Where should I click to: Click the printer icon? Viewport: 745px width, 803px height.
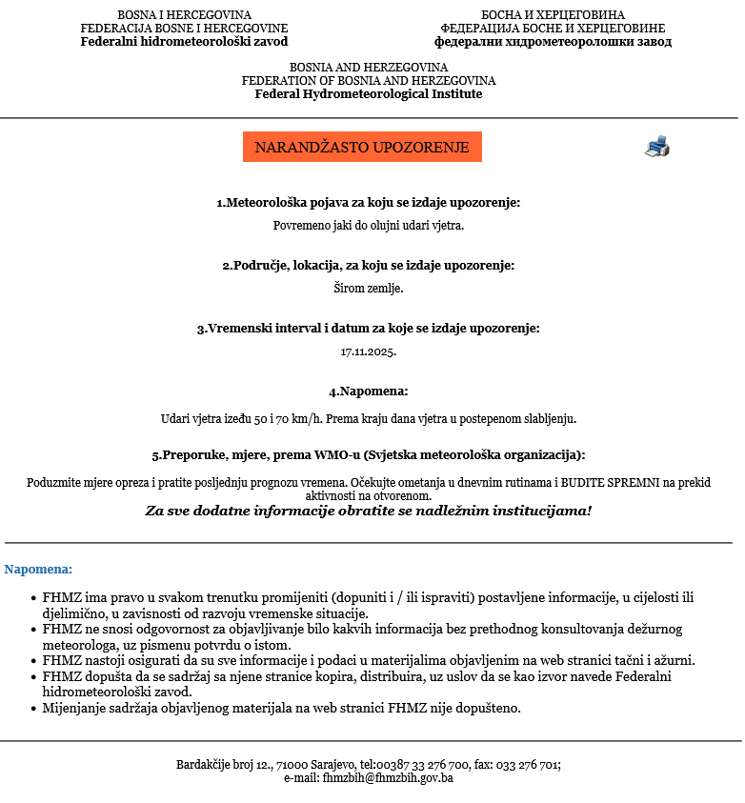pos(657,147)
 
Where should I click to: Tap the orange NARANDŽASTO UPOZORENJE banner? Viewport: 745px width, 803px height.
pos(362,147)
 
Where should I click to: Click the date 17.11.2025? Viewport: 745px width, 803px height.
pos(368,351)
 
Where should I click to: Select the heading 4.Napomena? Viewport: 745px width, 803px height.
pos(368,391)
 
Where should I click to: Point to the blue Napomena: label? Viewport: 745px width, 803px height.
pos(38,570)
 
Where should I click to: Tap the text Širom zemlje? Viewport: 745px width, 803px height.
pos(368,288)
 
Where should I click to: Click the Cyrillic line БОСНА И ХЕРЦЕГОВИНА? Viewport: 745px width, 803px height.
pos(553,15)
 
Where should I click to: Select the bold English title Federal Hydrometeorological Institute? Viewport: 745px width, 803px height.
pos(368,94)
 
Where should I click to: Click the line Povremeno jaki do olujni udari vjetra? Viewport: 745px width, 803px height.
pos(368,226)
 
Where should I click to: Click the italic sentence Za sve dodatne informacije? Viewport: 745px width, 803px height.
pos(368,511)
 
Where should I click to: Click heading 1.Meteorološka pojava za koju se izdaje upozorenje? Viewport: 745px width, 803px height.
pos(368,203)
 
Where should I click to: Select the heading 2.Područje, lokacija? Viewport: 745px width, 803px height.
pos(368,265)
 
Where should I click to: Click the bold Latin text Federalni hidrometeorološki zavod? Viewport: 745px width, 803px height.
pos(184,42)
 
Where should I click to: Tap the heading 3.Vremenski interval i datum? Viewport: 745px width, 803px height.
pos(368,329)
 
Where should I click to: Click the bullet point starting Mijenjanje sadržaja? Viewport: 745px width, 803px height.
pos(281,708)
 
